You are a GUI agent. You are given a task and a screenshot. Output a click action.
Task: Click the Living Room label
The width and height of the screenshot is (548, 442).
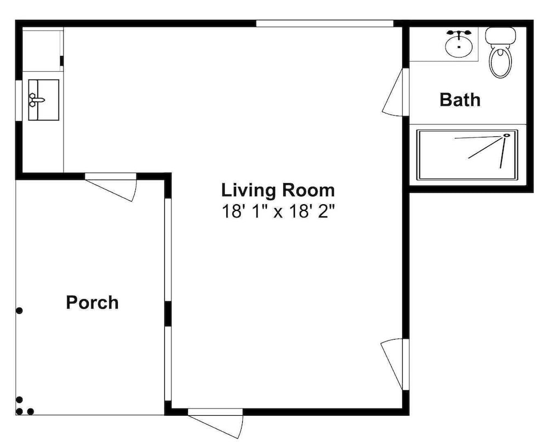coord(278,191)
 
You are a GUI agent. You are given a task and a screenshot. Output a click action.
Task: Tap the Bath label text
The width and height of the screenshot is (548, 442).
coord(460,100)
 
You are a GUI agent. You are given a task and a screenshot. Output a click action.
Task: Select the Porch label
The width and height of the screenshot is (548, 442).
coord(92,302)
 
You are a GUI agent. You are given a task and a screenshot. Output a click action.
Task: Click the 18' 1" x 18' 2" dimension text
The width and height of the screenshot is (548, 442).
coord(278,211)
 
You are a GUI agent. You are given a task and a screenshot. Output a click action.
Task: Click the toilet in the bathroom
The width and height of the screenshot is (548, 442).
coord(500,53)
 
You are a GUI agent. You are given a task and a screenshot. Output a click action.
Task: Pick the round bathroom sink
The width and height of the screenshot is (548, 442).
coord(459,44)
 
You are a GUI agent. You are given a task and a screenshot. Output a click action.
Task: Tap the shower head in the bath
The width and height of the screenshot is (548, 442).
coord(506,135)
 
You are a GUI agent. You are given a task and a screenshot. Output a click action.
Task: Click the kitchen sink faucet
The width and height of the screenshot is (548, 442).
coord(36,100)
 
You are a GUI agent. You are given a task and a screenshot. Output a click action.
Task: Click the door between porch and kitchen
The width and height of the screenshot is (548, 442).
coord(111,187)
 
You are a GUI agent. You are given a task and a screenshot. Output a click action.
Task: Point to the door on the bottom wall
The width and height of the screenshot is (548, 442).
coord(215,423)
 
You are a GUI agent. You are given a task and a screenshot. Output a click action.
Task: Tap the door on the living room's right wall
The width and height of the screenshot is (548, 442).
coord(394,364)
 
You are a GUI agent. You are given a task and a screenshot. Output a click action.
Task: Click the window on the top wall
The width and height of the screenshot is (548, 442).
coord(325,24)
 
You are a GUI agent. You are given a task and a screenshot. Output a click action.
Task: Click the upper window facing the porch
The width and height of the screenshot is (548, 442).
coord(168,250)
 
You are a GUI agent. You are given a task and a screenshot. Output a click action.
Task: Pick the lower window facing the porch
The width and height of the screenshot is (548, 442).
coord(168,363)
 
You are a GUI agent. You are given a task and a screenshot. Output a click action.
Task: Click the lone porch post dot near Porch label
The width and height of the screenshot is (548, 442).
coord(19,310)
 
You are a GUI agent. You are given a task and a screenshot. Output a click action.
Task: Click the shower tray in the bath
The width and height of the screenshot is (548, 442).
coord(467,154)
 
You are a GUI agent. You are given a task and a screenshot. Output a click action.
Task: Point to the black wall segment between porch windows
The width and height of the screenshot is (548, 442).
coord(168,314)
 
